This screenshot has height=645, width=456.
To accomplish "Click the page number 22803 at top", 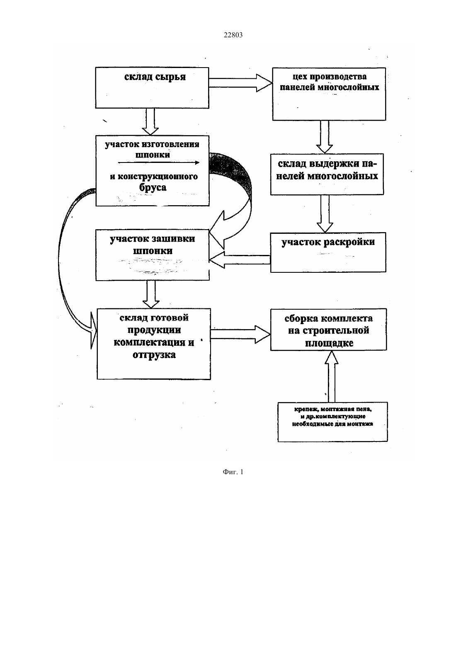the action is coord(233,35).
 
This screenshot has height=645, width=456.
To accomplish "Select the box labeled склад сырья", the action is coord(152,88).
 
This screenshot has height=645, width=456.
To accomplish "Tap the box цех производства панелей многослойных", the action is coord(329,94).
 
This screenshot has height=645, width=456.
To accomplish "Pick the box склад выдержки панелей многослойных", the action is coord(327,174).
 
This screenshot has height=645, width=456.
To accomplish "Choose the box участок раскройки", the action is coord(328,252).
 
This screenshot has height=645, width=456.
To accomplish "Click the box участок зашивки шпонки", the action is coord(153,255).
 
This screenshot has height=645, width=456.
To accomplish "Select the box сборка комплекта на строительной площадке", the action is coord(328,330).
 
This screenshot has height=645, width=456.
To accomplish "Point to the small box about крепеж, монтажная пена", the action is coord(332,422).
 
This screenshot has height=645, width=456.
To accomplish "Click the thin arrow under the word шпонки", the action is coord(159,162).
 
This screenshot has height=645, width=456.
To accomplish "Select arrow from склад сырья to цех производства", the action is coord(240,83).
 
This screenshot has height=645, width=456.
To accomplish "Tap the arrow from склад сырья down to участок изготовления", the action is coord(150,121).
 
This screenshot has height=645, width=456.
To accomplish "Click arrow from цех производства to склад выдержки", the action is coord(325,137).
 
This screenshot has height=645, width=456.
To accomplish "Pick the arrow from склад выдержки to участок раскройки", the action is coord(325,213).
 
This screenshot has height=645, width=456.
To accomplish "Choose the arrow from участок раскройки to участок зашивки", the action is coord(240,260).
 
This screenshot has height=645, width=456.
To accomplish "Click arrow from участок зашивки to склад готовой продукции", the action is coord(151,294).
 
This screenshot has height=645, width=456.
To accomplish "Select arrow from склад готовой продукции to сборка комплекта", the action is coord(240,334).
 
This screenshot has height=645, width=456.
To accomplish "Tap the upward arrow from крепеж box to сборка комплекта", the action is coord(332,376).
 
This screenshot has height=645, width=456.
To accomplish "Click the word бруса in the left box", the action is coord(153,188).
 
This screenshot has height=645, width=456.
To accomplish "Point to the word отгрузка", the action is coord(154,355).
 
